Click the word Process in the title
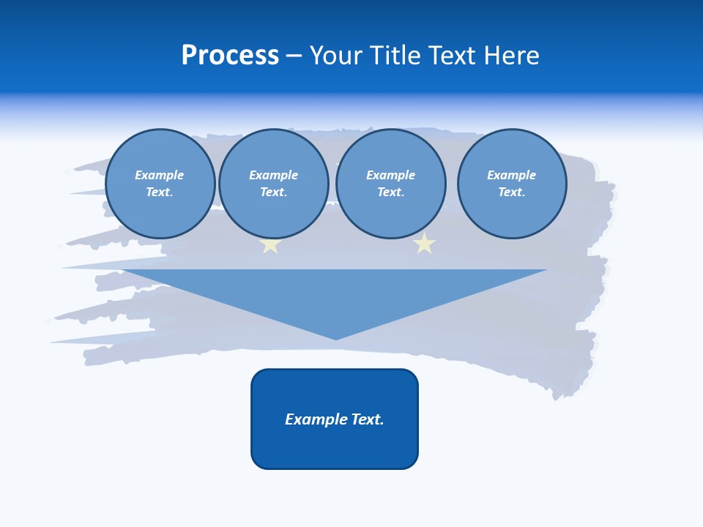point(230,56)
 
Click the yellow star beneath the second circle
point(270,245)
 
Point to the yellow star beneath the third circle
point(424,244)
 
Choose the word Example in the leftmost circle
point(160,175)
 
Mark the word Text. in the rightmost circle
point(511,192)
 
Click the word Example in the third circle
point(390,175)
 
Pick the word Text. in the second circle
point(273,192)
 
